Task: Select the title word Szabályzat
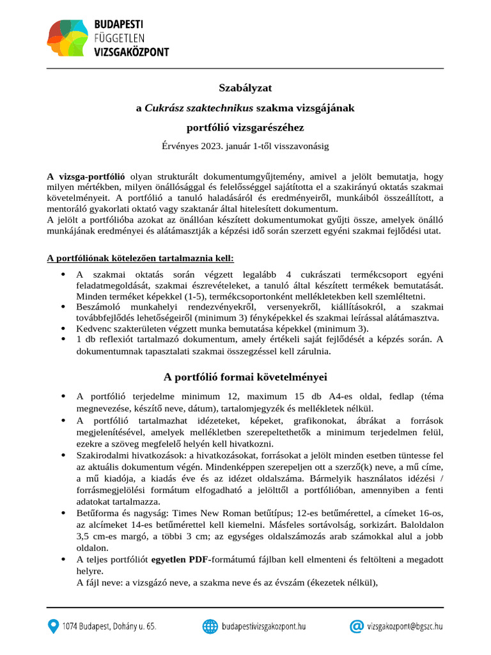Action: tap(245, 86)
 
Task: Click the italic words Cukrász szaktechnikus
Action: tap(199, 108)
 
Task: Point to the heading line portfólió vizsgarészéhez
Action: tap(245, 127)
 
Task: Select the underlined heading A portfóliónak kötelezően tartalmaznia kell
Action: tap(141, 258)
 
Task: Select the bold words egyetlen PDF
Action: tap(178, 560)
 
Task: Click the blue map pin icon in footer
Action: tap(53, 627)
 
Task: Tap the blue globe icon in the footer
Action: tap(210, 627)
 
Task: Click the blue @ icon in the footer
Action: tap(357, 627)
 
